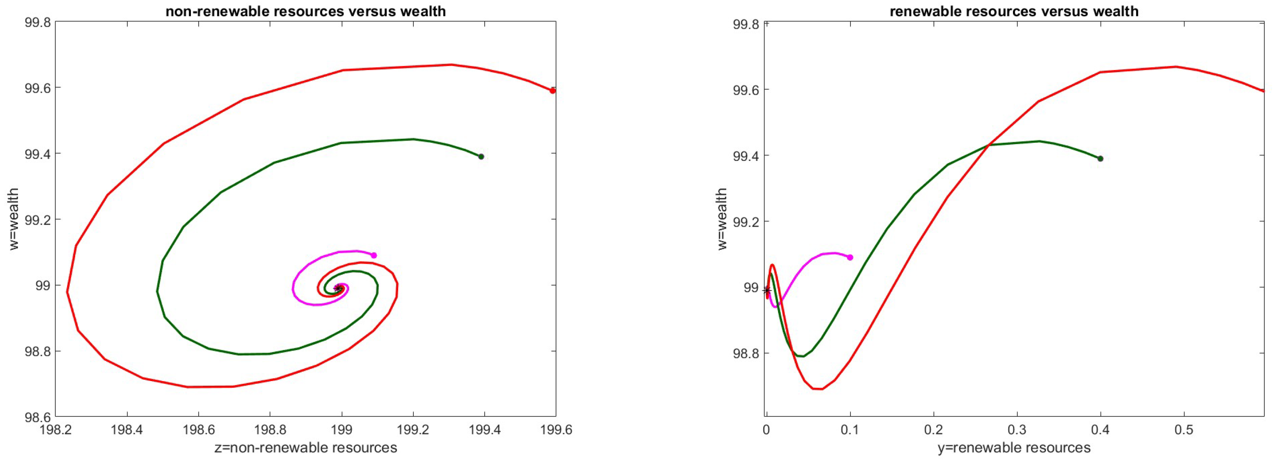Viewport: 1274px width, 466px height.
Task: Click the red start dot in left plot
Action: (x=552, y=90)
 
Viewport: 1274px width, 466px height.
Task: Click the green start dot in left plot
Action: (x=481, y=156)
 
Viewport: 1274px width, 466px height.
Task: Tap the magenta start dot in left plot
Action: (x=374, y=255)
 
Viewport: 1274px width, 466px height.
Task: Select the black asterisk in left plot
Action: (x=338, y=288)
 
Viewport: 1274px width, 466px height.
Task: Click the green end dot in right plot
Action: (x=1100, y=158)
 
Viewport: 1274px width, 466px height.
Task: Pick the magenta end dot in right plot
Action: (x=850, y=257)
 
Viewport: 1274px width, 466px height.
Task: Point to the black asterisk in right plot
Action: (x=767, y=290)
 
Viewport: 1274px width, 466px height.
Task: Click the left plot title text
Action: (x=305, y=11)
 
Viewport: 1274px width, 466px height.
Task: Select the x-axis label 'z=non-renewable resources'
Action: (x=305, y=448)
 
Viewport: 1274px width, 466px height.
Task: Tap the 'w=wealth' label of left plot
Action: (x=14, y=219)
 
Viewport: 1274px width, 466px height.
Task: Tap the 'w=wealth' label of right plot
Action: (x=722, y=219)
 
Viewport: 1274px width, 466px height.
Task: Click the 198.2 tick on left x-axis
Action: (x=55, y=429)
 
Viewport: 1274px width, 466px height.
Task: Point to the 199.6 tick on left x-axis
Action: (x=556, y=429)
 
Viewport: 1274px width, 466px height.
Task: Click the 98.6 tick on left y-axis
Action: (x=37, y=417)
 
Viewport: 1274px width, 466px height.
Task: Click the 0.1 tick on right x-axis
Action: (x=850, y=429)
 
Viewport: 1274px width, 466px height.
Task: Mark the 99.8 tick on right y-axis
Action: (x=746, y=24)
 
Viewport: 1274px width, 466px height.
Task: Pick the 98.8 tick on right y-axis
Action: (x=746, y=353)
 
